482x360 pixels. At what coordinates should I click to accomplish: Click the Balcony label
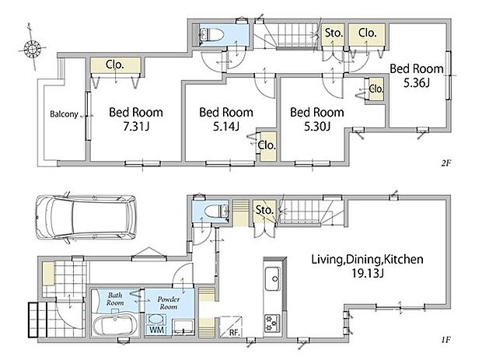[x=64, y=114]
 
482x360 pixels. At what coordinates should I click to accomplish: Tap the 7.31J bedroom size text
[x=136, y=127]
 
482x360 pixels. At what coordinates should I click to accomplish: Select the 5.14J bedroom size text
[x=226, y=127]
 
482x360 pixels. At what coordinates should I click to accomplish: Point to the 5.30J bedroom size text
[x=317, y=127]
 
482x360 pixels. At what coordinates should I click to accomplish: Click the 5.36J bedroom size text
[x=417, y=82]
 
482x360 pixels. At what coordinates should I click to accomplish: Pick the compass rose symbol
[x=32, y=48]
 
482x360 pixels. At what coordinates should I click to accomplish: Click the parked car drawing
[x=86, y=218]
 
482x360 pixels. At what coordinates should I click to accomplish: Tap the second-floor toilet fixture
[x=211, y=34]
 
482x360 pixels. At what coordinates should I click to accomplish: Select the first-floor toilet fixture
[x=216, y=211]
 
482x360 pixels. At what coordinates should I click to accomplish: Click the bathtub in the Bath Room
[x=114, y=323]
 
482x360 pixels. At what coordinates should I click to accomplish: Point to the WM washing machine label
[x=157, y=330]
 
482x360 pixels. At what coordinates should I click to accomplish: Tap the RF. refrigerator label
[x=235, y=332]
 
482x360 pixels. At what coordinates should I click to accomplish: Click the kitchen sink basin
[x=273, y=278]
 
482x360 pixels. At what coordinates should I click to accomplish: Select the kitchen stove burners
[x=272, y=323]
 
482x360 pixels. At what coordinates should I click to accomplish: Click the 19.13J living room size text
[x=368, y=274]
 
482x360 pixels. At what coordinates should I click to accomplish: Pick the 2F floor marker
[x=445, y=163]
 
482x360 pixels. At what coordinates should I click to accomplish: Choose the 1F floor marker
[x=445, y=340]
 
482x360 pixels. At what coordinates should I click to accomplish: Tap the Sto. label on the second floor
[x=334, y=33]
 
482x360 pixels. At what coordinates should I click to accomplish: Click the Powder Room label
[x=169, y=302]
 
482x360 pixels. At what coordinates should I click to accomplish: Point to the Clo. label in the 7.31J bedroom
[x=115, y=65]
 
